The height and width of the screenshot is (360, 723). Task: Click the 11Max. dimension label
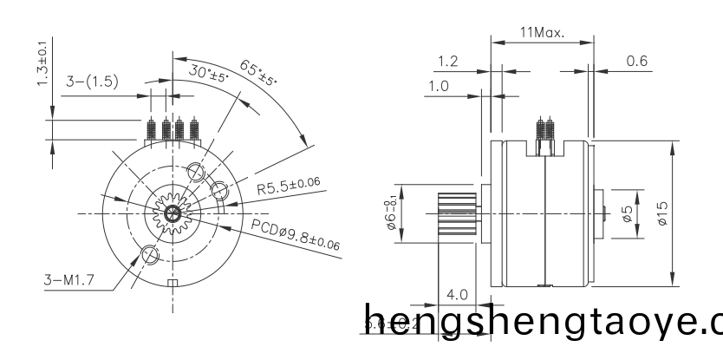click(542, 33)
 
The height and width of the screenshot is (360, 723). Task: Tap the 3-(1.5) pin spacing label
click(93, 82)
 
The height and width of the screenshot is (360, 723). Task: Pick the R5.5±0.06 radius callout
click(289, 186)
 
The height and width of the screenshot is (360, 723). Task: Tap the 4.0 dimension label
click(456, 295)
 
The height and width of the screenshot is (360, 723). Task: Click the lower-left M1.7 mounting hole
click(150, 254)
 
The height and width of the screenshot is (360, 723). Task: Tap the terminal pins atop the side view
click(545, 131)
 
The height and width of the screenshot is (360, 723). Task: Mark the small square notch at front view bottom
click(173, 283)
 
